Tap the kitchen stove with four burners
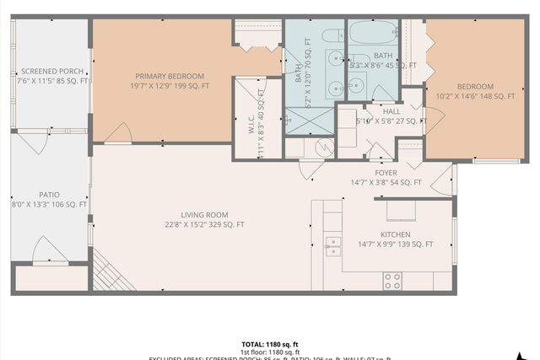click(x=392, y=280)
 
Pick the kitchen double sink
click(x=334, y=245)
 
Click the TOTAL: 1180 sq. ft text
click(x=269, y=344)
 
